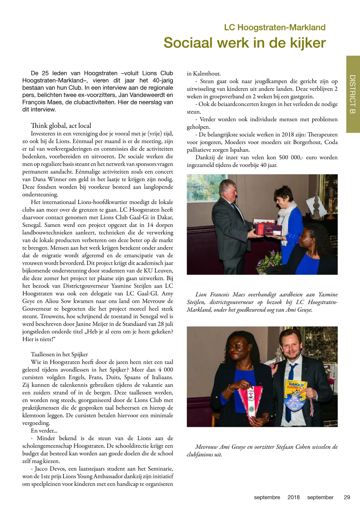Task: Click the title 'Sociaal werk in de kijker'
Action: (x=244, y=43)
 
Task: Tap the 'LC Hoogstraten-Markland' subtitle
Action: (x=274, y=27)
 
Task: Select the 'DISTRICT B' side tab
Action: (x=353, y=94)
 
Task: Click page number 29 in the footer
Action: (x=347, y=497)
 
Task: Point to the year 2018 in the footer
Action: (x=293, y=497)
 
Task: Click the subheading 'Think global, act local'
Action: (x=61, y=125)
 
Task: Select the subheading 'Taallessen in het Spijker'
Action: (x=59, y=354)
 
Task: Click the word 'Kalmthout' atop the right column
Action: (x=207, y=74)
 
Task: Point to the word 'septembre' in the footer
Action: (x=267, y=497)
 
